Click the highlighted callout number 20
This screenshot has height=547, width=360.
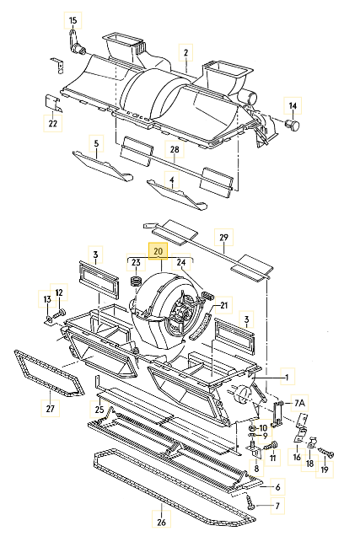click(x=157, y=250)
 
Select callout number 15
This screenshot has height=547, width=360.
click(x=73, y=19)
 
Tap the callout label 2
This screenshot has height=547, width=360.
click(x=185, y=53)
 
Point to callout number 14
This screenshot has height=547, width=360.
click(x=293, y=105)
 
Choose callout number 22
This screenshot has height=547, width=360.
click(x=52, y=123)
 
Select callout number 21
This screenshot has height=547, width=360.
click(x=224, y=305)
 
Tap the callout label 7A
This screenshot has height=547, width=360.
click(x=299, y=404)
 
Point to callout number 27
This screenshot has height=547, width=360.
click(x=50, y=409)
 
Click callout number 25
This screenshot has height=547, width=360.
click(x=99, y=410)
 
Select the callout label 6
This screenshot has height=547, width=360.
click(x=275, y=487)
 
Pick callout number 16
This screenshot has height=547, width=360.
click(x=296, y=458)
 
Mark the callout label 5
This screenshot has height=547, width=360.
click(x=96, y=143)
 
